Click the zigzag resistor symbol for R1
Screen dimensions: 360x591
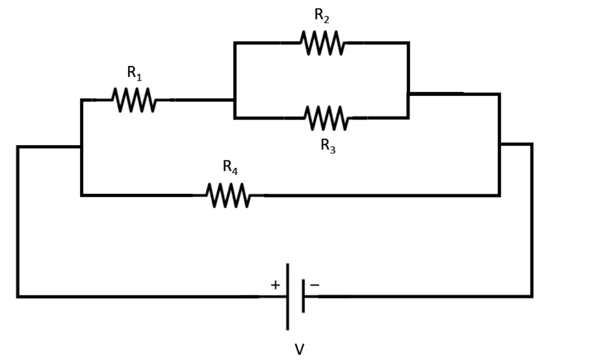[x=134, y=100]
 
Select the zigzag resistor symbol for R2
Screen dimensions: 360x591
[x=322, y=43]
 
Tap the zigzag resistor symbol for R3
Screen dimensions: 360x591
[x=326, y=118]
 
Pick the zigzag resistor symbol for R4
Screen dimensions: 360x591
[x=228, y=195]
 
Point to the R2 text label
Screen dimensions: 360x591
[x=322, y=15]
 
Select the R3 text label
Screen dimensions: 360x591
[x=328, y=146]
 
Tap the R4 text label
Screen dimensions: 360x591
[x=230, y=167]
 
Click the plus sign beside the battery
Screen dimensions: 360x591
[x=275, y=285]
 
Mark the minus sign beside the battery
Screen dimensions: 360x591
[x=315, y=285]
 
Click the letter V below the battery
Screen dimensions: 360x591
[x=299, y=349]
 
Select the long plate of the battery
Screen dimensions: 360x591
[x=287, y=296]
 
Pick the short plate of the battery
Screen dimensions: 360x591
[x=303, y=296]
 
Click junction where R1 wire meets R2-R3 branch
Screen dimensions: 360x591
[x=234, y=100]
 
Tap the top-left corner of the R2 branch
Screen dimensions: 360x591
[x=234, y=43]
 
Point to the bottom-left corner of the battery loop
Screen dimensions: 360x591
[x=18, y=297]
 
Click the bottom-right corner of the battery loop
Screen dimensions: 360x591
[x=532, y=296]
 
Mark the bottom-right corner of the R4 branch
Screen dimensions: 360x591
[x=500, y=195]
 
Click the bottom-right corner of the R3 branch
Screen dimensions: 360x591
[x=408, y=117]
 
